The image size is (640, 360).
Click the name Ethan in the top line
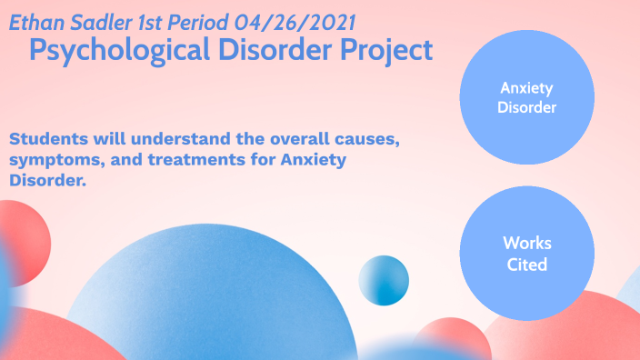(x=35, y=21)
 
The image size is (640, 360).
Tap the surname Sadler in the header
(x=94, y=21)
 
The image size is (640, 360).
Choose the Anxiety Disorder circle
(x=526, y=97)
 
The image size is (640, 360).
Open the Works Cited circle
(x=526, y=254)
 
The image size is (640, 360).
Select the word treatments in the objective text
(x=188, y=160)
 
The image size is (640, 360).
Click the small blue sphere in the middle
(x=383, y=280)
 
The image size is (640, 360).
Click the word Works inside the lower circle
(x=527, y=244)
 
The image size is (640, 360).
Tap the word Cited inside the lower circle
(x=527, y=265)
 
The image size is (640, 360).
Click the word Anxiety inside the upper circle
(x=527, y=87)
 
